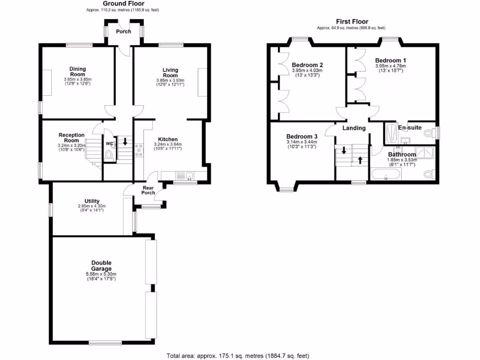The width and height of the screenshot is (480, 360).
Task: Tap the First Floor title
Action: [x=352, y=22]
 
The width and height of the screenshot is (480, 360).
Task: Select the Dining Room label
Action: [x=77, y=72]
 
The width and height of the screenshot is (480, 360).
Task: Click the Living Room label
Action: [x=170, y=73]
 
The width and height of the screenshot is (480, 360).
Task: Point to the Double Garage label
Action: [x=101, y=266]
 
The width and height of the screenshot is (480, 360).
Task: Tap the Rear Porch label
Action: [x=148, y=190]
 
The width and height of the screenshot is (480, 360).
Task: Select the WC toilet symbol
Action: [x=109, y=154]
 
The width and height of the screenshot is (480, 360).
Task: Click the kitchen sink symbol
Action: [x=189, y=176]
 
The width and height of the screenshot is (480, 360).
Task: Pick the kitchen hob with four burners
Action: [x=139, y=150]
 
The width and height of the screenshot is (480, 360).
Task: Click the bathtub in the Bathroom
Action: [x=386, y=176]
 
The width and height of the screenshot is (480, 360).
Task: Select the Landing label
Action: [x=354, y=128]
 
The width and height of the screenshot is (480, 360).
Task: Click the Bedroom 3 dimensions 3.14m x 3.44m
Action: [x=301, y=142]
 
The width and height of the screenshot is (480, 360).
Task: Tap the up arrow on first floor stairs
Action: [x=360, y=160]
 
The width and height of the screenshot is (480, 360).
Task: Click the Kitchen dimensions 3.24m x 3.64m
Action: [x=167, y=144]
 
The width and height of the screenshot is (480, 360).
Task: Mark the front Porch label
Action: [x=124, y=31]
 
